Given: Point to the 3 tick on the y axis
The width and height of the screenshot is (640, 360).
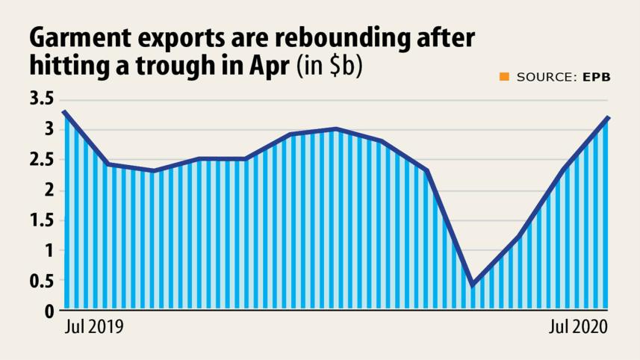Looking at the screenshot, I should [x=47, y=129].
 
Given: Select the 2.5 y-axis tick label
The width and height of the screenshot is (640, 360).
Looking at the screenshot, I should [x=42, y=160].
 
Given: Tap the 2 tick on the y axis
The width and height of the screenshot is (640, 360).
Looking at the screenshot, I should [x=47, y=190].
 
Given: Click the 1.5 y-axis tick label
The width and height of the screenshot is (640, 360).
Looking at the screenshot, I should [x=42, y=220].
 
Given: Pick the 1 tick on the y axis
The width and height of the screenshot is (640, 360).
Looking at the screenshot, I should [x=48, y=250].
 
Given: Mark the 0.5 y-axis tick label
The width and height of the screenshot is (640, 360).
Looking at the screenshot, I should [x=42, y=281].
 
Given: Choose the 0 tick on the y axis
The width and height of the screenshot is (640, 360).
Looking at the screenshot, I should [x=47, y=311].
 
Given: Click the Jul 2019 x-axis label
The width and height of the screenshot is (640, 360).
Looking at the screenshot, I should [x=94, y=327].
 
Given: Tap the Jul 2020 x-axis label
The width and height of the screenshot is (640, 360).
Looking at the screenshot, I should [x=577, y=327].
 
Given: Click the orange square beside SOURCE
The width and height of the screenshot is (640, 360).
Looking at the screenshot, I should [x=504, y=76].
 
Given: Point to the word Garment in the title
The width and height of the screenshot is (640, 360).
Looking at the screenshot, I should [x=80, y=37].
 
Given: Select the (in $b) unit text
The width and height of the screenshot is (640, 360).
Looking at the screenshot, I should [x=329, y=66].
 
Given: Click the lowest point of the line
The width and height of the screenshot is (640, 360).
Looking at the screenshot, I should [x=472, y=285].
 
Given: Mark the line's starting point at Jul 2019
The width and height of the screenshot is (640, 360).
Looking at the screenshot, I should [x=64, y=112].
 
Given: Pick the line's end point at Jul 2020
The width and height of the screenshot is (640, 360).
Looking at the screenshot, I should [x=608, y=118].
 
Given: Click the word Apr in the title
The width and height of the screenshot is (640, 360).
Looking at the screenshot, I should [x=264, y=66].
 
